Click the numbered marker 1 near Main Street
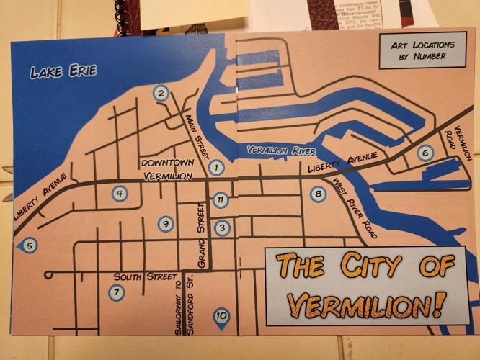pyautogui.click(x=214, y=168)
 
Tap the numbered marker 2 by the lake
pyautogui.click(x=161, y=93)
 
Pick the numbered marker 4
pyautogui.click(x=120, y=193)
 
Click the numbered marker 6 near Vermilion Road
pyautogui.click(x=425, y=153)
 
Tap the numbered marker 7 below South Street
pyautogui.click(x=115, y=292)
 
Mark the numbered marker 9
pyautogui.click(x=166, y=224)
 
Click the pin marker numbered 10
pyautogui.click(x=221, y=315)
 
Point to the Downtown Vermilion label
pyautogui.click(x=167, y=168)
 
